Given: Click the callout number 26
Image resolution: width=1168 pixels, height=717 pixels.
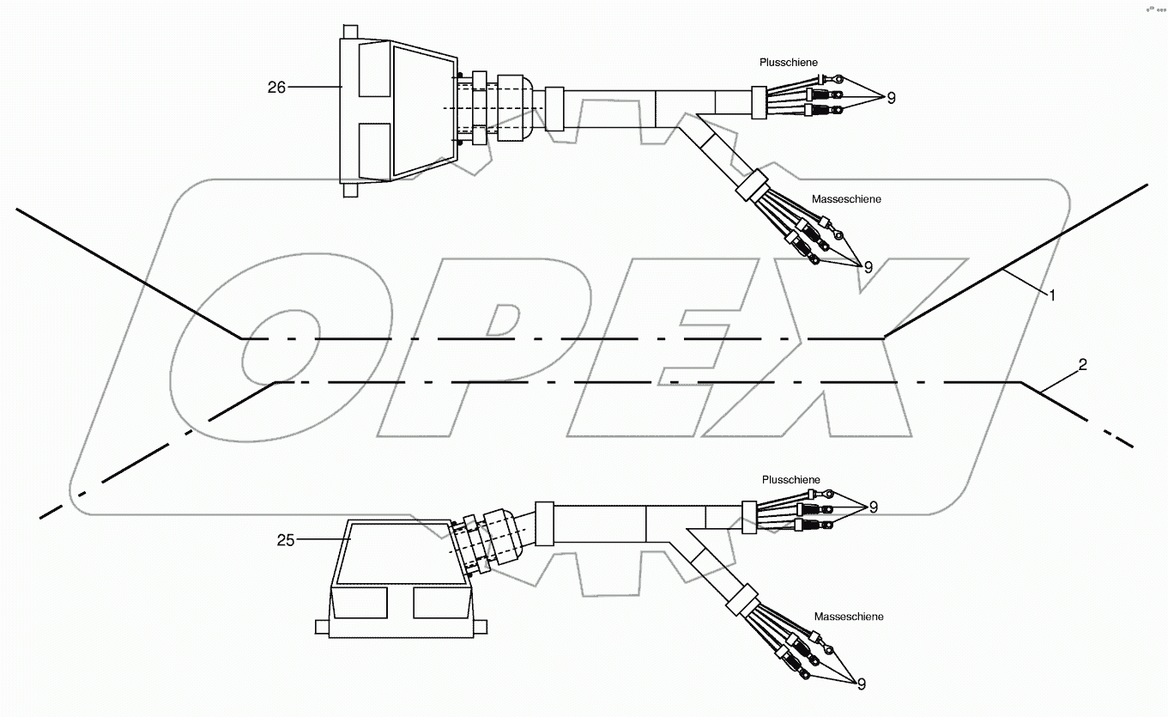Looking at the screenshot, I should tap(275, 87).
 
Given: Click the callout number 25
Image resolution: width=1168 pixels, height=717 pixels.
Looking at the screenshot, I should tap(286, 540).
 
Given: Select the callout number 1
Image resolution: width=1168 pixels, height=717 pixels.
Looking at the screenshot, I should tap(1051, 295).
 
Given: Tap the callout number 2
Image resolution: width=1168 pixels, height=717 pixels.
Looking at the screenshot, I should tap(1082, 365).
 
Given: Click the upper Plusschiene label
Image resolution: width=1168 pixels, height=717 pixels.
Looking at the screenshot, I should tap(789, 63).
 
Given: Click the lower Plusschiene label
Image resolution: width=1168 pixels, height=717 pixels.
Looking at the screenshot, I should tap(790, 479).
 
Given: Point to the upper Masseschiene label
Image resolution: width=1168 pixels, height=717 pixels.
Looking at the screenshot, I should tap(845, 199).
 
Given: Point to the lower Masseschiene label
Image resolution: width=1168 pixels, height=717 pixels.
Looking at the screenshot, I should tap(848, 617).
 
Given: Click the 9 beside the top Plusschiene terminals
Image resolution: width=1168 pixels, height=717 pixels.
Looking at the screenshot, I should tap(891, 98).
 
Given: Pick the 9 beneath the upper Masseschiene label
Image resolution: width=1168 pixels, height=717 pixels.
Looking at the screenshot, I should tap(868, 267).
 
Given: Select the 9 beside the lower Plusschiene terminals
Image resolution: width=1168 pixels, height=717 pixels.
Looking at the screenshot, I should tap(873, 507).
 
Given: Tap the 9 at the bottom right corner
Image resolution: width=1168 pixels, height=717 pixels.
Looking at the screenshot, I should tap(861, 684).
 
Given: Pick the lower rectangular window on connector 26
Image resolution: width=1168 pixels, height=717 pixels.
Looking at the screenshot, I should tap(373, 148).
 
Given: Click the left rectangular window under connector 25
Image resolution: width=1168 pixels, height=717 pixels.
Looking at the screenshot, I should tap(360, 603).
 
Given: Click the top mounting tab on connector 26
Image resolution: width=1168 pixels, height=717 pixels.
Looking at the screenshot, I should tap(348, 31).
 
